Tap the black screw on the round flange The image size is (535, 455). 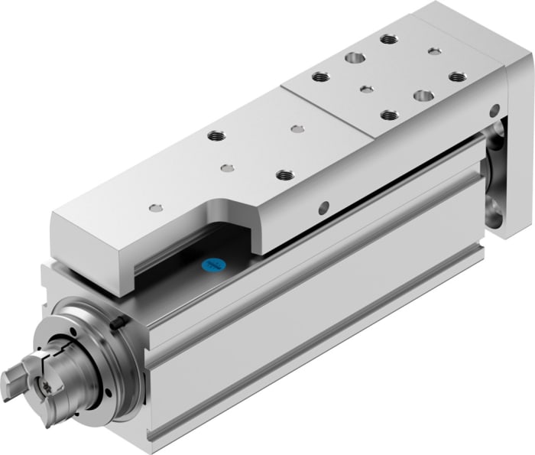coord(116,324)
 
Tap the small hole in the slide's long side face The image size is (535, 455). coord(325,206)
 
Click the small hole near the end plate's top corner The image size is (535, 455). coord(434,51)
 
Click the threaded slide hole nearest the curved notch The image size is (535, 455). coord(285,175)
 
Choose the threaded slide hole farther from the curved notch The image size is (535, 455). coord(213,136)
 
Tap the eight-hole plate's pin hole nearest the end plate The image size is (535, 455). coord(434,51)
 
